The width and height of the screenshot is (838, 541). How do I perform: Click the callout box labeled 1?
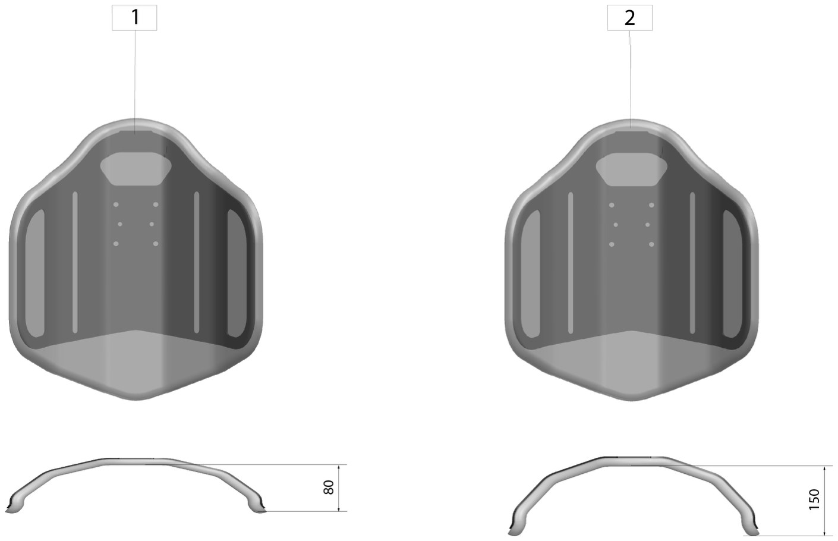(x=134, y=18)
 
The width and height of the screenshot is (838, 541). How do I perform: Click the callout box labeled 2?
(x=629, y=18)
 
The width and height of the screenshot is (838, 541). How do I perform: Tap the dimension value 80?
(x=329, y=487)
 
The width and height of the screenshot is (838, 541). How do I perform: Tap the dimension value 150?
(x=814, y=499)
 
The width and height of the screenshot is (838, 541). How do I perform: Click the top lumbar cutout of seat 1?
(x=136, y=169)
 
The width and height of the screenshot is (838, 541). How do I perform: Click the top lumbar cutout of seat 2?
(x=631, y=169)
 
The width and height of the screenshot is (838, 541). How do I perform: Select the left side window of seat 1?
(x=34, y=273)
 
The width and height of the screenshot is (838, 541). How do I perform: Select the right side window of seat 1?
(x=237, y=273)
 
